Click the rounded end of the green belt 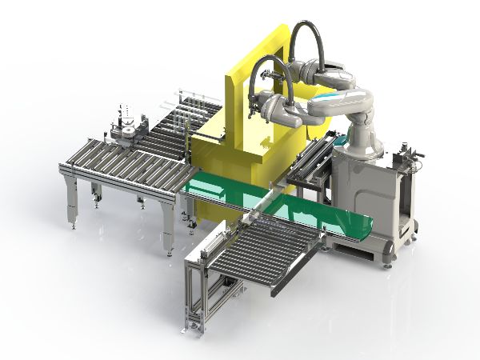coord(365,227)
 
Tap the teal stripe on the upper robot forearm coord(331,103)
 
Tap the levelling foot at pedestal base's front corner coord(389,261)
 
